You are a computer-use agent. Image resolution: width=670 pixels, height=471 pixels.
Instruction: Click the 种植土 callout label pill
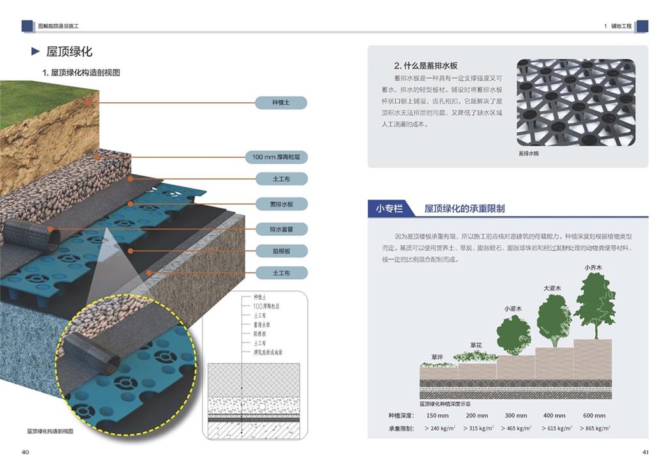pos(281,102)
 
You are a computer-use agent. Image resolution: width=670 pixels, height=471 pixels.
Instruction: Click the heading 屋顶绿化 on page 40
pos(70,52)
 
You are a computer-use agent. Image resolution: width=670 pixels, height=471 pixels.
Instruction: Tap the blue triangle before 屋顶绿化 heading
pos(36,52)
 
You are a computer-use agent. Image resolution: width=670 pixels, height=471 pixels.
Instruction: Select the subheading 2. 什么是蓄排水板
pos(426,66)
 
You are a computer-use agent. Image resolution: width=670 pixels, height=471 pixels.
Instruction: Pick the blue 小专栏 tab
pos(389,208)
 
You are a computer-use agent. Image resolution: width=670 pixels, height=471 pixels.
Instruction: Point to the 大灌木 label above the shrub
pos(552,288)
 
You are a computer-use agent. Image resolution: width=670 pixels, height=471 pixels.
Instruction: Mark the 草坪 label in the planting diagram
pos(437,357)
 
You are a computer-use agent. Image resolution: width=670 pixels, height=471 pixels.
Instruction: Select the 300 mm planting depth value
pos(514,415)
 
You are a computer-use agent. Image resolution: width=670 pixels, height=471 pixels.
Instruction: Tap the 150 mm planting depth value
pos(437,415)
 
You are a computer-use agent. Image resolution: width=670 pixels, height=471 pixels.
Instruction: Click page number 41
pos(645,452)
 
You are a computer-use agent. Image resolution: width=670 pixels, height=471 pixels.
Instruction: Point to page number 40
pos(25,452)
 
